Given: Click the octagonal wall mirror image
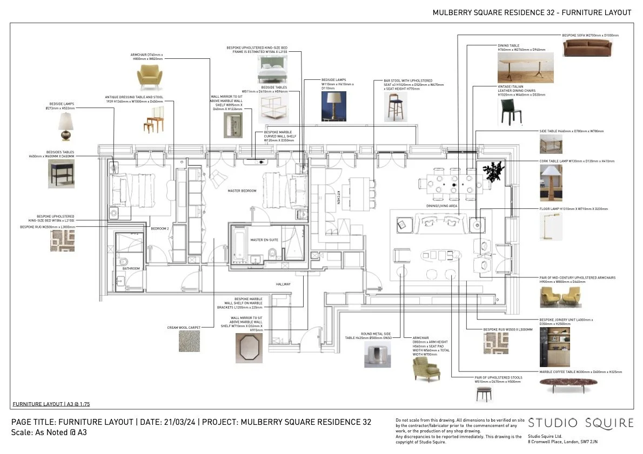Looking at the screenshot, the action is coord(249,348).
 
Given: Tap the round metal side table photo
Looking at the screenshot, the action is coord(377,354).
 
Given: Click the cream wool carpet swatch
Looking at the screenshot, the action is coord(189,341).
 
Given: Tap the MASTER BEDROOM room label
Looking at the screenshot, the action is coord(242,191).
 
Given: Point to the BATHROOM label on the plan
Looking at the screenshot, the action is coord(131,269).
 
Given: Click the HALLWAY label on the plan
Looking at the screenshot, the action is coord(283,284).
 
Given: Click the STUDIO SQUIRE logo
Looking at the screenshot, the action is coord(580,423).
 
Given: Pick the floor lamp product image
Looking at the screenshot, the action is coord(551,226).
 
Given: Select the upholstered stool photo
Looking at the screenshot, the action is coord(484,394).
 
